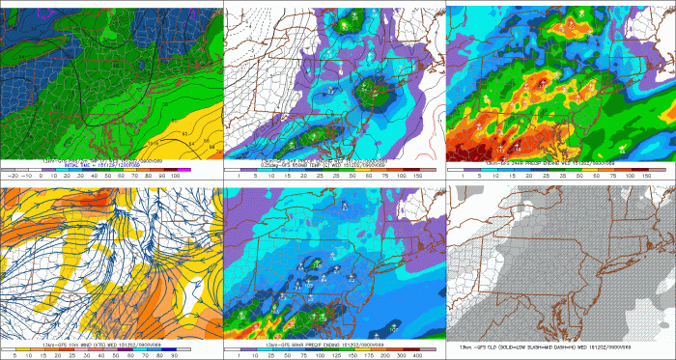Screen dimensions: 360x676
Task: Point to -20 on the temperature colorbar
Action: pos(12,178)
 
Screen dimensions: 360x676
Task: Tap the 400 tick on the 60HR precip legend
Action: pos(422,354)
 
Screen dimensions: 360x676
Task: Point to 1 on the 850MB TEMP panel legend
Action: pos(235,178)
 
